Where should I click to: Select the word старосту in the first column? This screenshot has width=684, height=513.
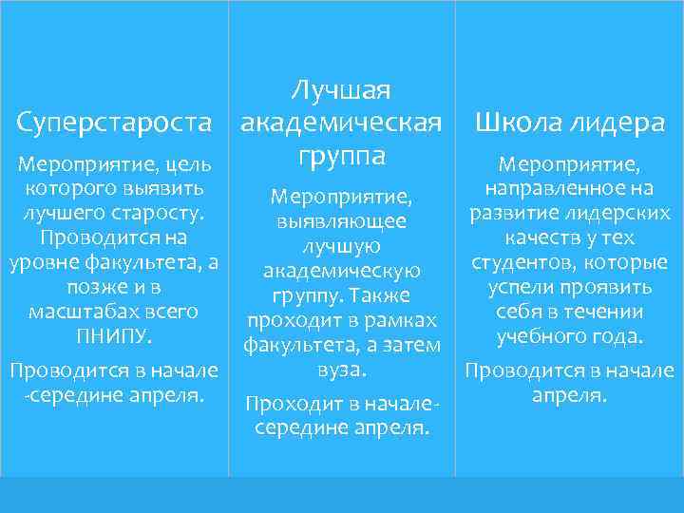pos(165,212)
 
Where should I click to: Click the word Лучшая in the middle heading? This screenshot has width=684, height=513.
pos(340,91)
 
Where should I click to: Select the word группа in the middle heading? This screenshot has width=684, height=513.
pos(340,155)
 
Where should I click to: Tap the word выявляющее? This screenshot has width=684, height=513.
pos(341,221)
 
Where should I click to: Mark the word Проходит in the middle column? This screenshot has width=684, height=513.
pos(287,405)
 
